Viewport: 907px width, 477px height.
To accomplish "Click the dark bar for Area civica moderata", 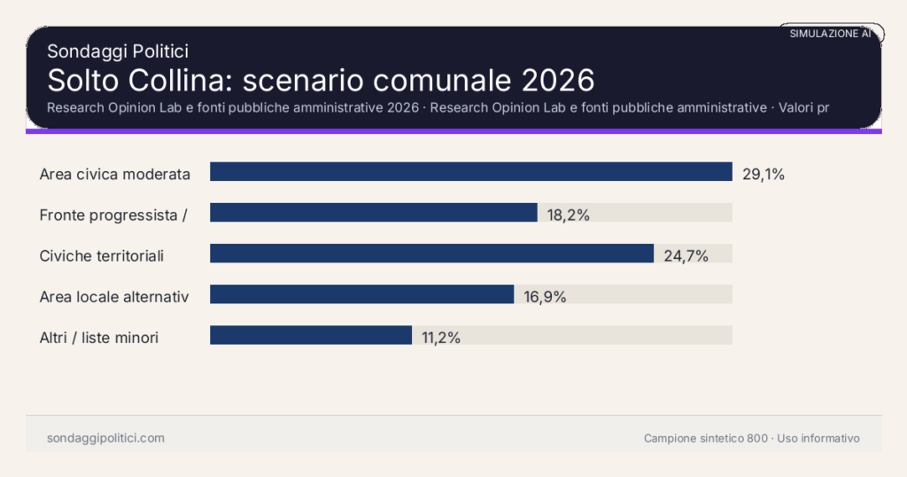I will [470, 172].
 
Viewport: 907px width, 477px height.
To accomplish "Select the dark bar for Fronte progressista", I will [373, 213].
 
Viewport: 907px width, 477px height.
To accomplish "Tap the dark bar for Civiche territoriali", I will [431, 254].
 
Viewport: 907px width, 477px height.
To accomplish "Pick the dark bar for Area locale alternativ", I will [361, 294].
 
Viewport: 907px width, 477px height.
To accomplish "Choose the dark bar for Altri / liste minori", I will [311, 335].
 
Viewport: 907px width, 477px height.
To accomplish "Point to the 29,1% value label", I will [764, 174].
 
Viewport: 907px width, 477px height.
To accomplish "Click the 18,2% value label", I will [569, 215].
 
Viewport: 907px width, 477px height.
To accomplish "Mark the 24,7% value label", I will [686, 256].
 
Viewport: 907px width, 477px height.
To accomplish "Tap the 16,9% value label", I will [545, 297].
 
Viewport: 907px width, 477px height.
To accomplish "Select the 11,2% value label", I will [441, 338].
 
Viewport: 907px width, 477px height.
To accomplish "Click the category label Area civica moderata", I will [115, 174].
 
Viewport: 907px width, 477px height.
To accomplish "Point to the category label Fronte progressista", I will [112, 215].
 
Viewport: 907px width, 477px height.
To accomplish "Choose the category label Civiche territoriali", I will [102, 256].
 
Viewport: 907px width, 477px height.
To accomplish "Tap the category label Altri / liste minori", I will [99, 338].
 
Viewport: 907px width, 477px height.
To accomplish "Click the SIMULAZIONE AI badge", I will [831, 34].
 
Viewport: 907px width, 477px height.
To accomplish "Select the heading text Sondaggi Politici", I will [118, 51].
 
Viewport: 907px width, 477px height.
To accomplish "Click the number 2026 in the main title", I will [557, 80].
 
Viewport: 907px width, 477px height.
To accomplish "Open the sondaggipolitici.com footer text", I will [105, 438].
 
